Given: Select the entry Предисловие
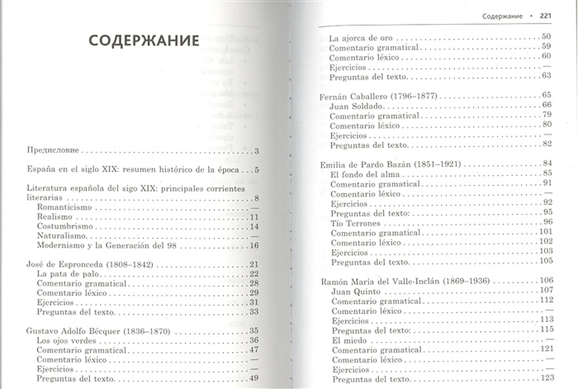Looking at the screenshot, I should click(x=53, y=151).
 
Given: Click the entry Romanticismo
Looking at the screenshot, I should click(x=64, y=207).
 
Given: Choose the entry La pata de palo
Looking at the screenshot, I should click(x=63, y=273).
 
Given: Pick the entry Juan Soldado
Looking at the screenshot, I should click(x=357, y=106).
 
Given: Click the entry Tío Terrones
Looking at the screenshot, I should click(x=356, y=223).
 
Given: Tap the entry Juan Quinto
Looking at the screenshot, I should click(x=356, y=291).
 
